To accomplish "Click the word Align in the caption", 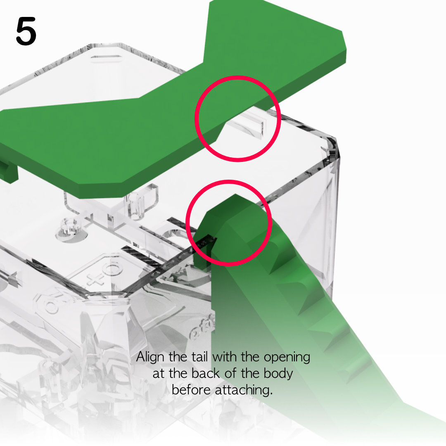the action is pyautogui.click(x=150, y=357).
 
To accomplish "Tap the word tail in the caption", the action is pyautogui.click(x=199, y=357).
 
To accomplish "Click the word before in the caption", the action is pyautogui.click(x=191, y=390).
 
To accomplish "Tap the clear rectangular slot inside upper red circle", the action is pyautogui.click(x=247, y=125).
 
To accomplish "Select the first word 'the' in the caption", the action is pyautogui.click(x=178, y=357).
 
